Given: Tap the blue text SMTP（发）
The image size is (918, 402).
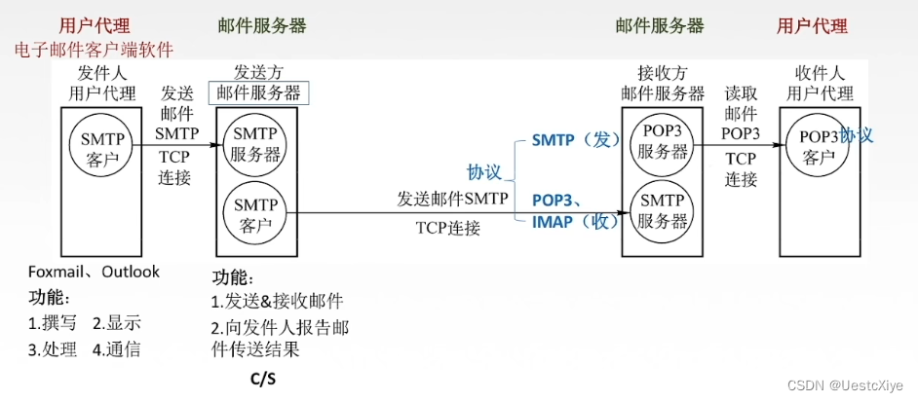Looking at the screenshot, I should (576, 140).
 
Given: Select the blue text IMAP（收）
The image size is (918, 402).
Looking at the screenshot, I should (576, 221).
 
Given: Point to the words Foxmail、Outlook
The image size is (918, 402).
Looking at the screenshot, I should (94, 273).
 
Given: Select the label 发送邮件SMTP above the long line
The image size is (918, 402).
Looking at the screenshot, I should (451, 199).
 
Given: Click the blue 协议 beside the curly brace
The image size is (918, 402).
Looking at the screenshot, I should (483, 172).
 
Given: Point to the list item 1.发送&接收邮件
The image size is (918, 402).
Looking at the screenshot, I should (277, 301).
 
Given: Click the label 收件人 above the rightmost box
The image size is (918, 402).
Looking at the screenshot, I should (819, 72).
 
